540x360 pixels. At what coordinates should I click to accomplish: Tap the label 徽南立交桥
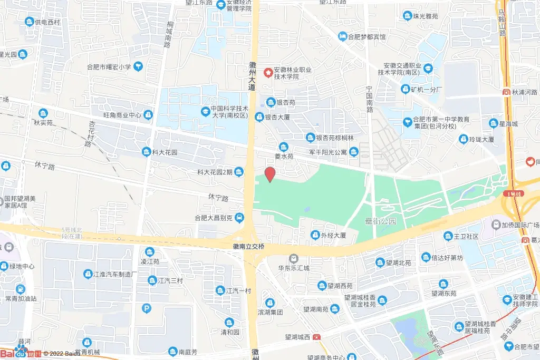(248, 247)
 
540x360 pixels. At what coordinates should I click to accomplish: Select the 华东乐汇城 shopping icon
(294, 258)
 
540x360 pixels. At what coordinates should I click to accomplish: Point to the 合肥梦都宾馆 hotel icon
(342, 37)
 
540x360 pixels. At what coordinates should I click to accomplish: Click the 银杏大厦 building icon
(259, 117)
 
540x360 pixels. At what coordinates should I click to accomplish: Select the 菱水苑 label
(284, 157)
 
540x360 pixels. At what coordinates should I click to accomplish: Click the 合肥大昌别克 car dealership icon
(239, 217)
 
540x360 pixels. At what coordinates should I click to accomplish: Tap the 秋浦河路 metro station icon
(506, 92)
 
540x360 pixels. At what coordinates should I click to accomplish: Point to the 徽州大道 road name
(252, 76)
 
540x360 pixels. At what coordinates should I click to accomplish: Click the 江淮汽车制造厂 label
(115, 274)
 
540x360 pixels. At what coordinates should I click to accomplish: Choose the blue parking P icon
(147, 308)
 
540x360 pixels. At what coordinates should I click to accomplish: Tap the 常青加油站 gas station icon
(20, 289)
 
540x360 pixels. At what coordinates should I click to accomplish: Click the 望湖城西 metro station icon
(316, 337)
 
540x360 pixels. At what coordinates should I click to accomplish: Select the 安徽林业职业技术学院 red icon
(268, 72)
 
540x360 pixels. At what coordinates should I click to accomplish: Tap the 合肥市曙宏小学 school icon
(138, 66)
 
